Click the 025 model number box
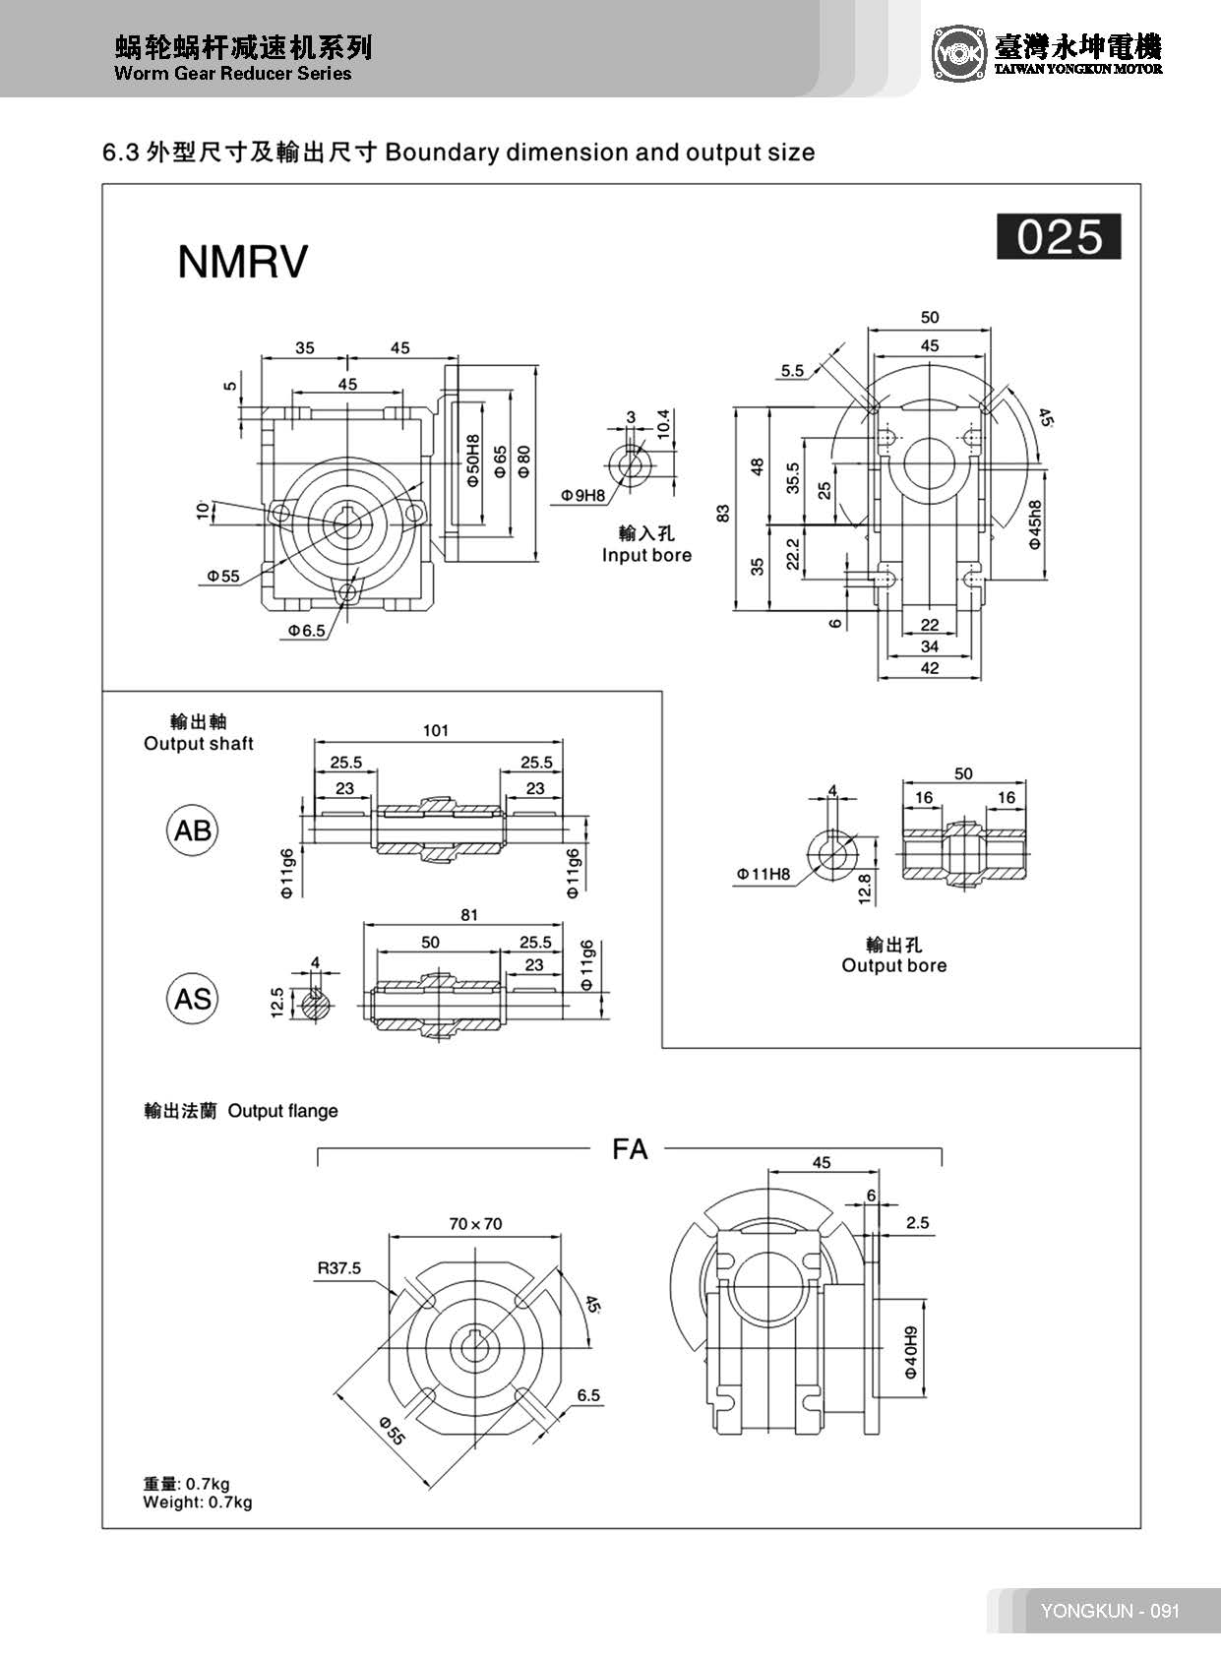pos(1059,237)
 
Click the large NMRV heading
pos(242,262)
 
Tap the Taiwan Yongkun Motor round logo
pos(958,54)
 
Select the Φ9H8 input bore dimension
pos(583,495)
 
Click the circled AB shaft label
pos(192,830)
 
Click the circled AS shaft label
pos(192,999)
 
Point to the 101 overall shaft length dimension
pos(435,730)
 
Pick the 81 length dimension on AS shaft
pos(469,914)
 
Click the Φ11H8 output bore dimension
pos(763,873)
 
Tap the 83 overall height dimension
pos(723,513)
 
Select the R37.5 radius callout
pos(338,1268)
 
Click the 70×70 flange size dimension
pos(475,1224)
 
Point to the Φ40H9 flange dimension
pos(911,1352)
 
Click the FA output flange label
pos(630,1149)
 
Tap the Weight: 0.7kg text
pos(197,1503)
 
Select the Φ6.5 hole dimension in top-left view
pos(306,631)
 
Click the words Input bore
pos(646,555)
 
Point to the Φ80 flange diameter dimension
pos(523,460)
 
